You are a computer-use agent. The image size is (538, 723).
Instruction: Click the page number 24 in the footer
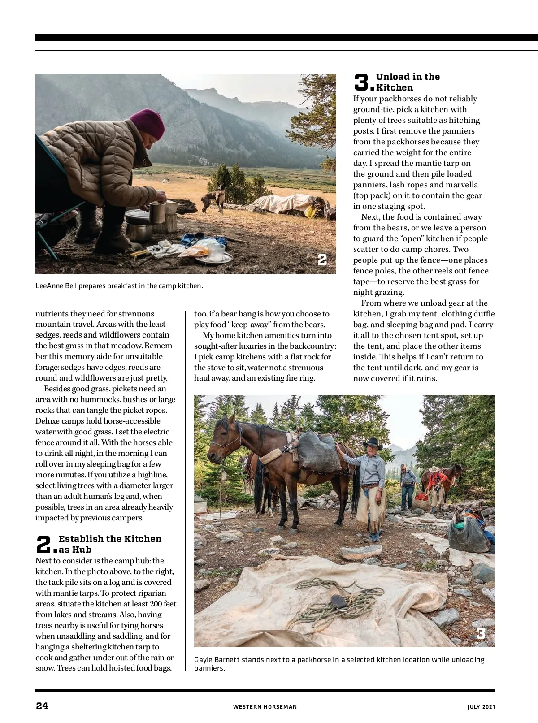42,706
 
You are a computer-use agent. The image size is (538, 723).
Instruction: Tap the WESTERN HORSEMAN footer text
265,707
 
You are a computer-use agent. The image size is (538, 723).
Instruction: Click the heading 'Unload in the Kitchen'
408,82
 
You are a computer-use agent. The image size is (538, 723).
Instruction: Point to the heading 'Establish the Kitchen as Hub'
110,544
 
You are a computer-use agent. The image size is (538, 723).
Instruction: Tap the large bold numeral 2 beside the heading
44,545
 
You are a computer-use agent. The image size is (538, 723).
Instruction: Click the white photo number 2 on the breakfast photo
322,259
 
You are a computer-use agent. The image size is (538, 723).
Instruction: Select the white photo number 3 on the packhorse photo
481,633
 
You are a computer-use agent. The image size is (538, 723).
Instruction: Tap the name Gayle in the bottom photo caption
204,659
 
